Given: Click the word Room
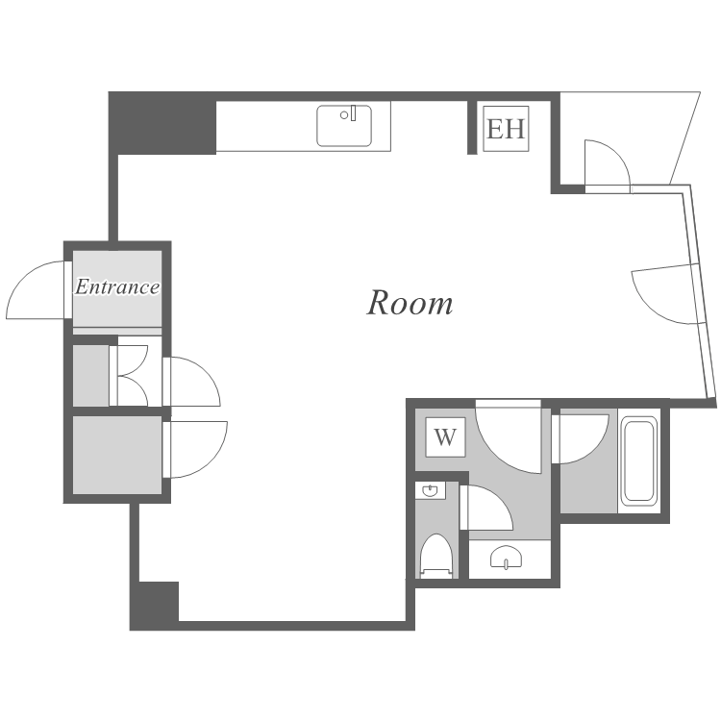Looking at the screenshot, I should [410, 303].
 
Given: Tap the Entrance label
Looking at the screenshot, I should [117, 286].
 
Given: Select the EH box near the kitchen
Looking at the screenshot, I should [506, 129].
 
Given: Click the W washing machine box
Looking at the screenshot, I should [444, 438].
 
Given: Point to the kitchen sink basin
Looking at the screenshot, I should [343, 127].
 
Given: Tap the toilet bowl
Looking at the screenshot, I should [437, 555].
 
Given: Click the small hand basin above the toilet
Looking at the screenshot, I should [430, 491].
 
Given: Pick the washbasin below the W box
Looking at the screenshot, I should [506, 558].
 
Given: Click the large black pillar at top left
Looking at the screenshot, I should [162, 123].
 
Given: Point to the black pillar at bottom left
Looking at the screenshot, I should [155, 604].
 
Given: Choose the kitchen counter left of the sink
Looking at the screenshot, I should [265, 127].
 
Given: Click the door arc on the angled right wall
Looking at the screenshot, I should [663, 293].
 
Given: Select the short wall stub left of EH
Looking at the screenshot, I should [472, 126].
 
